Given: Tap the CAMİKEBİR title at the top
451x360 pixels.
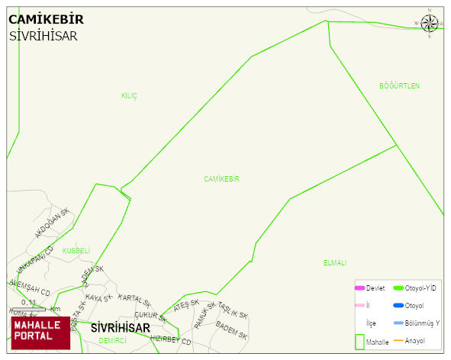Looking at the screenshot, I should [46, 19].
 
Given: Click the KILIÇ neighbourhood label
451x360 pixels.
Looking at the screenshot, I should [129, 95].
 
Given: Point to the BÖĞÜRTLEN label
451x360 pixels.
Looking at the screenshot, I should [399, 86].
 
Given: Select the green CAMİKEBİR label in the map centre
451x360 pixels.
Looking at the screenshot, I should [221, 178].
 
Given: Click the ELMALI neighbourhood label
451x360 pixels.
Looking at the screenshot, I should [334, 262].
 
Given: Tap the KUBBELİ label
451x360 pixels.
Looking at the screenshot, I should [76, 250].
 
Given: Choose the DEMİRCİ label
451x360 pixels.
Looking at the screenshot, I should [112, 341].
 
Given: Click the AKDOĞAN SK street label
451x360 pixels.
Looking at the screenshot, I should [52, 222].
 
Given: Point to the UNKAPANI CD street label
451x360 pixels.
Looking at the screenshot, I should [34, 260].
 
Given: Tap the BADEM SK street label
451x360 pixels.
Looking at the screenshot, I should [231, 329].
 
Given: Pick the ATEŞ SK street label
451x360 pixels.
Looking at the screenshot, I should [185, 305].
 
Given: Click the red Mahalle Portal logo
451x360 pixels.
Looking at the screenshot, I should [40, 333].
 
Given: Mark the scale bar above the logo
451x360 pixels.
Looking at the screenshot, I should [28, 309].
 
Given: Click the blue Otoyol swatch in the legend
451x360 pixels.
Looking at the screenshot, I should [398, 305].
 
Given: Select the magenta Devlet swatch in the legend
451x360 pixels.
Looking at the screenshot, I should [359, 288].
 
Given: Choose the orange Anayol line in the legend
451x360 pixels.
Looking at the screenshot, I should [398, 340].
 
